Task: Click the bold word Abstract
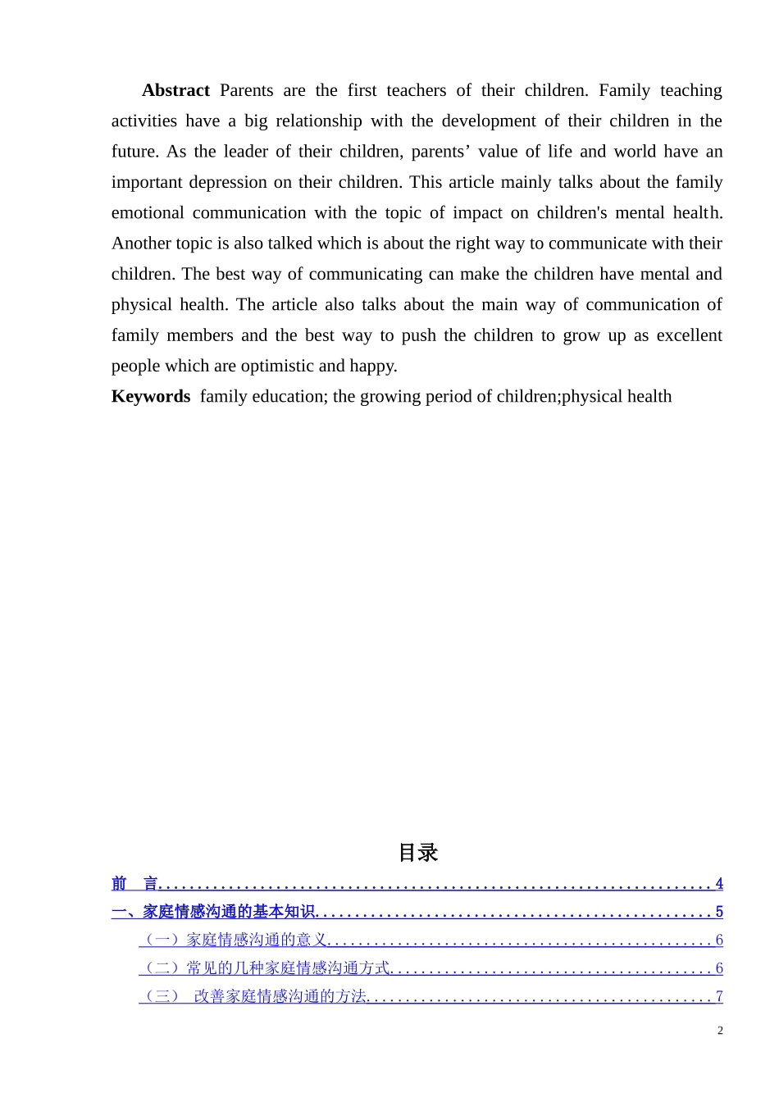175,90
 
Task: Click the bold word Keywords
151,397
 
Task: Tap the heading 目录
418,853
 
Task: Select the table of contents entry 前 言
134,884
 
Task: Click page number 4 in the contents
719,884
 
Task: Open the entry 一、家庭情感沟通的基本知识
213,912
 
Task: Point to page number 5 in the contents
719,912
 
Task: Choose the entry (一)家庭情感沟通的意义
234,940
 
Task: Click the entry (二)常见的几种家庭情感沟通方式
265,968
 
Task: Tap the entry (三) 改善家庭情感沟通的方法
253,997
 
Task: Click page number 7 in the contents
719,997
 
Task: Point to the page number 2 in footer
720,1031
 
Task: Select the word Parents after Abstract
246,90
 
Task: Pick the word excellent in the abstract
685,335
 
